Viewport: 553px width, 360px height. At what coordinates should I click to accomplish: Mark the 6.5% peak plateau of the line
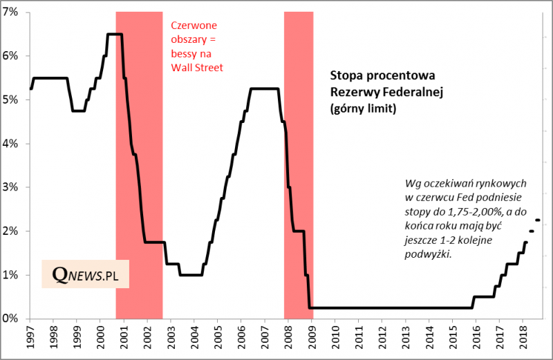point(115,34)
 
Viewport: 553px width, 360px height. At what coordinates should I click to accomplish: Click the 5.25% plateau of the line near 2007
point(264,88)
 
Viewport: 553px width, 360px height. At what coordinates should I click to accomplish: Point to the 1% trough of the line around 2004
point(191,275)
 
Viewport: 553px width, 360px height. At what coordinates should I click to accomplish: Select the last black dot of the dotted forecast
point(538,220)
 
